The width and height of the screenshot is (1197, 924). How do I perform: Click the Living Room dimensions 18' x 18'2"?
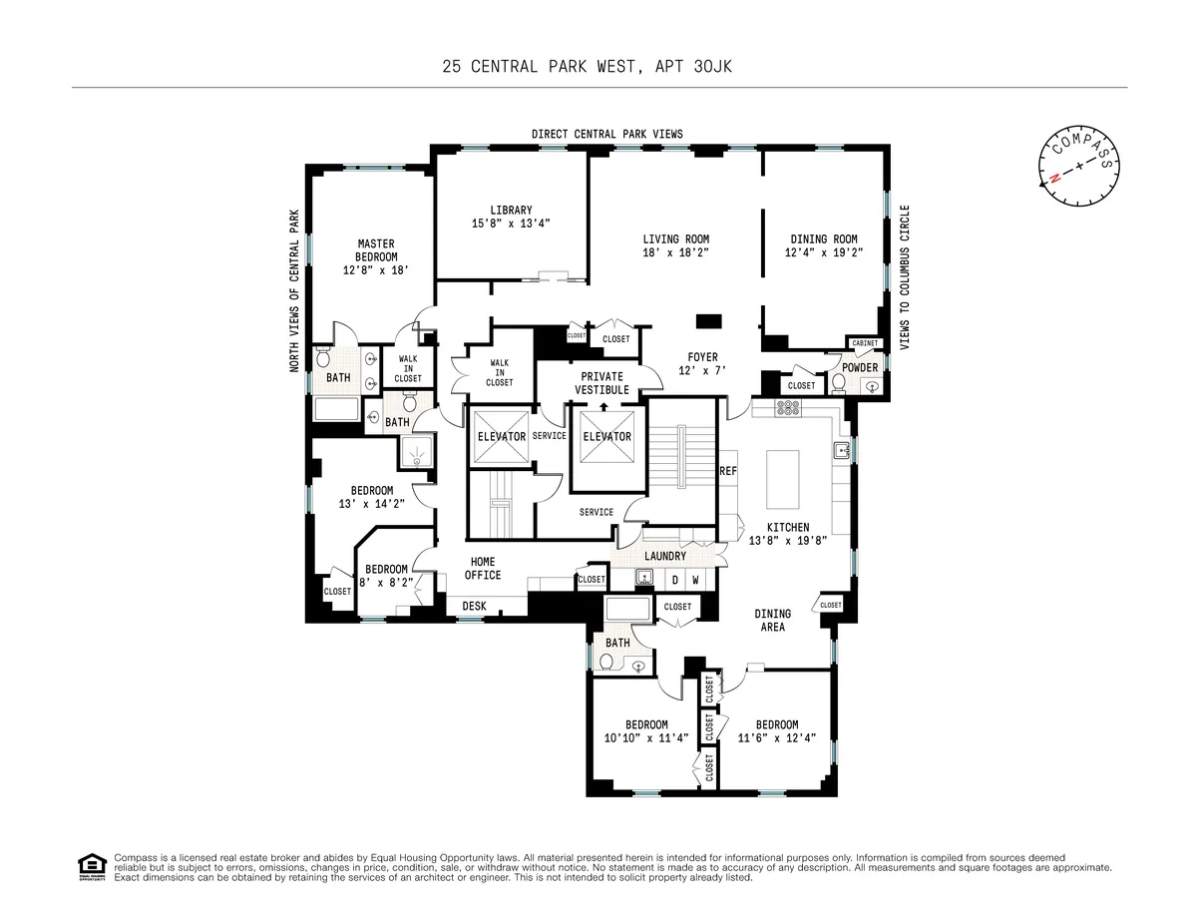(675, 253)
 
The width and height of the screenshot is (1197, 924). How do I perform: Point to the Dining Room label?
(823, 239)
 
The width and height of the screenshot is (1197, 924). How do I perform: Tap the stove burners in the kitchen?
(788, 407)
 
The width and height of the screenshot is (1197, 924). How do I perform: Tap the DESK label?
(474, 606)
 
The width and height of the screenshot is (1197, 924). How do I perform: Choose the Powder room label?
(859, 368)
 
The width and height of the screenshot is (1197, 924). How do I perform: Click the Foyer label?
(702, 356)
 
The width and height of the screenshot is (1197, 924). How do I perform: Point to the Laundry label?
(665, 556)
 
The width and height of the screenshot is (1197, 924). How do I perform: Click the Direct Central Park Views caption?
(606, 134)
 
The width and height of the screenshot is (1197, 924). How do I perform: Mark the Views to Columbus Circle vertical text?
(906, 276)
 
